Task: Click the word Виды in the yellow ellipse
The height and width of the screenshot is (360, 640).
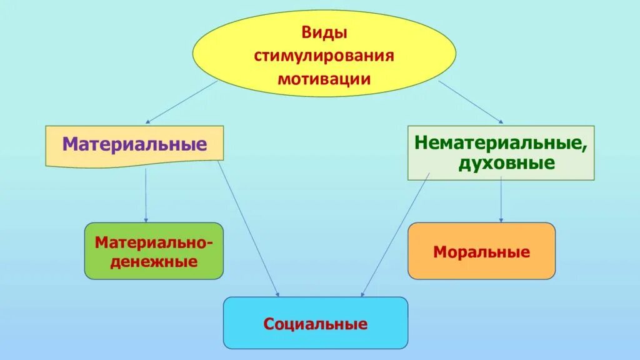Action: tap(324, 32)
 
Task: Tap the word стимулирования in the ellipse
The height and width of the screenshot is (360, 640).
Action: tap(324, 56)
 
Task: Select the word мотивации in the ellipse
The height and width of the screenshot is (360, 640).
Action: tap(324, 79)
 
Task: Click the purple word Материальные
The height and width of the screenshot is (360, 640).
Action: tap(134, 145)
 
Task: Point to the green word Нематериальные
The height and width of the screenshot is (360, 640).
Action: tap(501, 142)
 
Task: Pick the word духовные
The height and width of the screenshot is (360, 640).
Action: tap(506, 164)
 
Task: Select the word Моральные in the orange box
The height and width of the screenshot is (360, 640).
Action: tap(481, 252)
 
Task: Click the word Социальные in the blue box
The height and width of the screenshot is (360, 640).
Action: tap(315, 324)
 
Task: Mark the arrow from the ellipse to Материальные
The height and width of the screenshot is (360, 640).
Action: tap(181, 101)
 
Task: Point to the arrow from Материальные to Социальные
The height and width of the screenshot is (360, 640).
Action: tap(248, 228)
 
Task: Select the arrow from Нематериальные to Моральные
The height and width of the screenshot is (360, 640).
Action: tap(501, 200)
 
